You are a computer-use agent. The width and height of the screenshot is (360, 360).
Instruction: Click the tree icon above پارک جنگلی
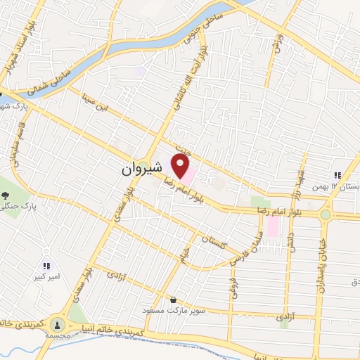[6, 195]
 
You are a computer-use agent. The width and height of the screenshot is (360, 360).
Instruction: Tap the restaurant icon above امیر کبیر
[47, 266]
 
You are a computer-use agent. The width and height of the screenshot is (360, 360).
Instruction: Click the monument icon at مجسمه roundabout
[57, 325]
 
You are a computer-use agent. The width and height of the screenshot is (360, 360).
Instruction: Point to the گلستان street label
[214, 240]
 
